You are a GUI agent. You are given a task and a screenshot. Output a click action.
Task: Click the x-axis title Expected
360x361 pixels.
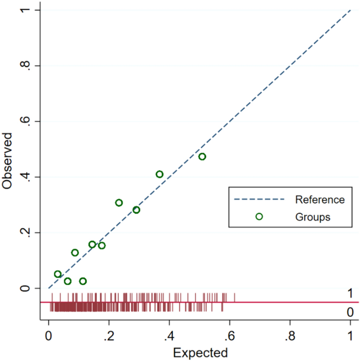coord(200,352)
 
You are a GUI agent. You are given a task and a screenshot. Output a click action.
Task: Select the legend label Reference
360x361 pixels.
coord(320,200)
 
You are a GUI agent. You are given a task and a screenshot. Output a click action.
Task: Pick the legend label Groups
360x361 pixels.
coord(313,216)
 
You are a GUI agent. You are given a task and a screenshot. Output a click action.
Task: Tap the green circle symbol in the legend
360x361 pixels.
coord(259,216)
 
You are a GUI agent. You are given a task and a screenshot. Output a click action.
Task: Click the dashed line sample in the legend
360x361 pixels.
coord(259,200)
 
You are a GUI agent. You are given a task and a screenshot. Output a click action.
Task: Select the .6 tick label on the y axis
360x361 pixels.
coord(23,121)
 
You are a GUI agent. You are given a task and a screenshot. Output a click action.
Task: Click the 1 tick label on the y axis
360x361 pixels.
coord(23,11)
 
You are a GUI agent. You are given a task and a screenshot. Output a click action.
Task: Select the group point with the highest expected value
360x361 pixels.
coord(202,157)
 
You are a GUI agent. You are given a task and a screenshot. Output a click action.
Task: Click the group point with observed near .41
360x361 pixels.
coord(159,174)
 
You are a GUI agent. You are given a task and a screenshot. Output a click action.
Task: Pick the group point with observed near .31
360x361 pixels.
coord(119,203)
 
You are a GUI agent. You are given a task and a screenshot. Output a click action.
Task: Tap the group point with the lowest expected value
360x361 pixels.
coord(58,274)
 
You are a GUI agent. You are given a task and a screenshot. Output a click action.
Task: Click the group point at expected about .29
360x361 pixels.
coord(136,210)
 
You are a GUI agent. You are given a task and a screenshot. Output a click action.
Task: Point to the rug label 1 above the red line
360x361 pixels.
coord(350,293)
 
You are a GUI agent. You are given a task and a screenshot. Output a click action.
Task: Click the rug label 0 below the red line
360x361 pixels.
coord(350,312)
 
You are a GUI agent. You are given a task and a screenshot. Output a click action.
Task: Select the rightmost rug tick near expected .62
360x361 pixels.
coord(234,297)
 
